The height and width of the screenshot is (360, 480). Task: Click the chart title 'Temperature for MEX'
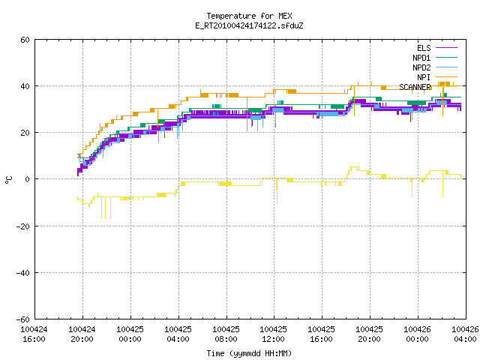(x=249, y=16)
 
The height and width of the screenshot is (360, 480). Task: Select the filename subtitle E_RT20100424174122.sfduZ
(x=249, y=25)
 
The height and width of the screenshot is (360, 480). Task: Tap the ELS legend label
(x=424, y=48)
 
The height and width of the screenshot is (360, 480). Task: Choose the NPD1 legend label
(x=421, y=58)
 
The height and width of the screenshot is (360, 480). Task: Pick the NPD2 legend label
(x=421, y=67)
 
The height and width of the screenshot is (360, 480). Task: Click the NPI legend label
(x=424, y=77)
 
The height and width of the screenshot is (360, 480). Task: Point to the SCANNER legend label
(x=415, y=87)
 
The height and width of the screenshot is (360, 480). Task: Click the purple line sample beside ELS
(x=446, y=48)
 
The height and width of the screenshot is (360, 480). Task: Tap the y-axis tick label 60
(x=25, y=40)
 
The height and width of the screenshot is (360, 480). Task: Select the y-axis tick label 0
(x=27, y=179)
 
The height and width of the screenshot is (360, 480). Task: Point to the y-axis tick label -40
(x=23, y=273)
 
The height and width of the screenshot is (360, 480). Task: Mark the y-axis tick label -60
(x=23, y=319)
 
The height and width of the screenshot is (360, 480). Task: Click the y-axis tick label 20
(x=25, y=133)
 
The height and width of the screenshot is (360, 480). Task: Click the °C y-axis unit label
(x=8, y=180)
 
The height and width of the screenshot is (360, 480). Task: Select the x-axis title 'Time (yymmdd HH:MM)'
(x=249, y=353)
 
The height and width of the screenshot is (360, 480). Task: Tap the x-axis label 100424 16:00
(x=34, y=334)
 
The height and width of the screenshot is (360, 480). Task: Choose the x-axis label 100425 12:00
(x=273, y=334)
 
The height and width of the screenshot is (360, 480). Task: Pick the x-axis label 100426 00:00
(x=417, y=334)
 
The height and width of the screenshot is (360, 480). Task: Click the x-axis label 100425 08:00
(x=226, y=334)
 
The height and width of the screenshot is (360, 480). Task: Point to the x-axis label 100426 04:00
(x=465, y=334)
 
